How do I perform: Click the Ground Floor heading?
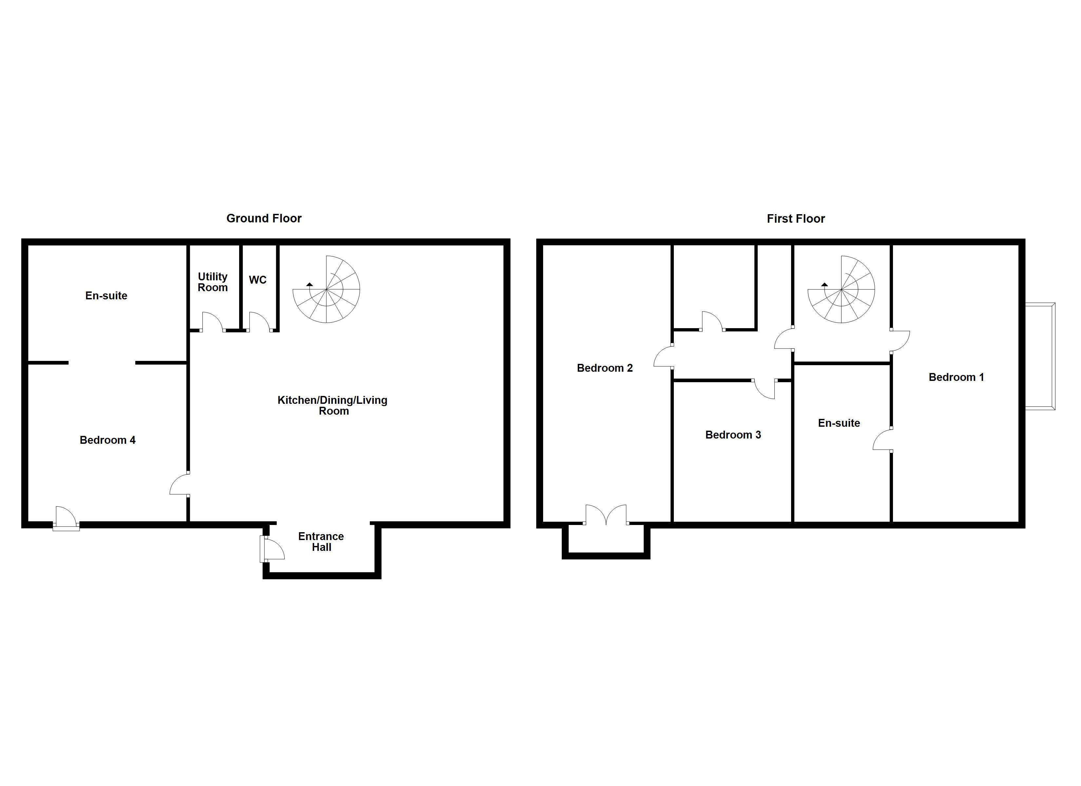(x=264, y=218)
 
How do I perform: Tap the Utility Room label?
(x=213, y=282)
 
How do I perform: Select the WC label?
(x=257, y=280)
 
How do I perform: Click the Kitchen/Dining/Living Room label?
(x=333, y=405)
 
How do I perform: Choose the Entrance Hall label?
(x=321, y=541)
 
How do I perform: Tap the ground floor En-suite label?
(x=106, y=295)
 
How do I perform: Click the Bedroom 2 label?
(x=604, y=368)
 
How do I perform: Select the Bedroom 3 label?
(x=733, y=435)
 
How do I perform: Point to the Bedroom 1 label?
(x=956, y=377)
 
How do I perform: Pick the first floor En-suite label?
(x=839, y=423)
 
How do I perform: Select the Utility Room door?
(x=213, y=323)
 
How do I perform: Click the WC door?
(x=259, y=323)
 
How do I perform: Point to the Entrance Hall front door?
(x=272, y=549)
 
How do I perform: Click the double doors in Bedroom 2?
(x=606, y=515)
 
